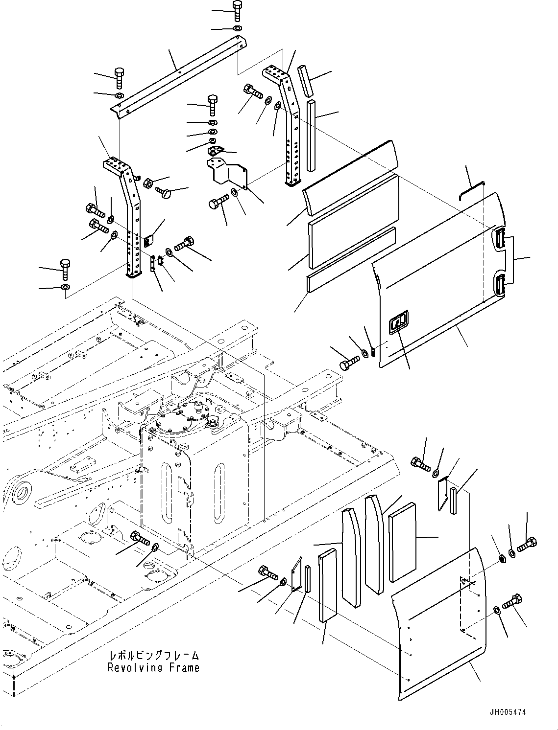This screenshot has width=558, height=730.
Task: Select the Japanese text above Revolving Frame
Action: [x=153, y=656]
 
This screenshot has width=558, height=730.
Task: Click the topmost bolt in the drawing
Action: [x=237, y=11]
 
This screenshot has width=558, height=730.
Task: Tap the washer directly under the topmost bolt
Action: [x=238, y=28]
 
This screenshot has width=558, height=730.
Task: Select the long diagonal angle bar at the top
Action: [x=179, y=76]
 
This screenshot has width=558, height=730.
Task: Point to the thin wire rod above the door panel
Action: [x=471, y=191]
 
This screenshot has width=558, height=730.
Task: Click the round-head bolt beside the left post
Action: [x=164, y=193]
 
